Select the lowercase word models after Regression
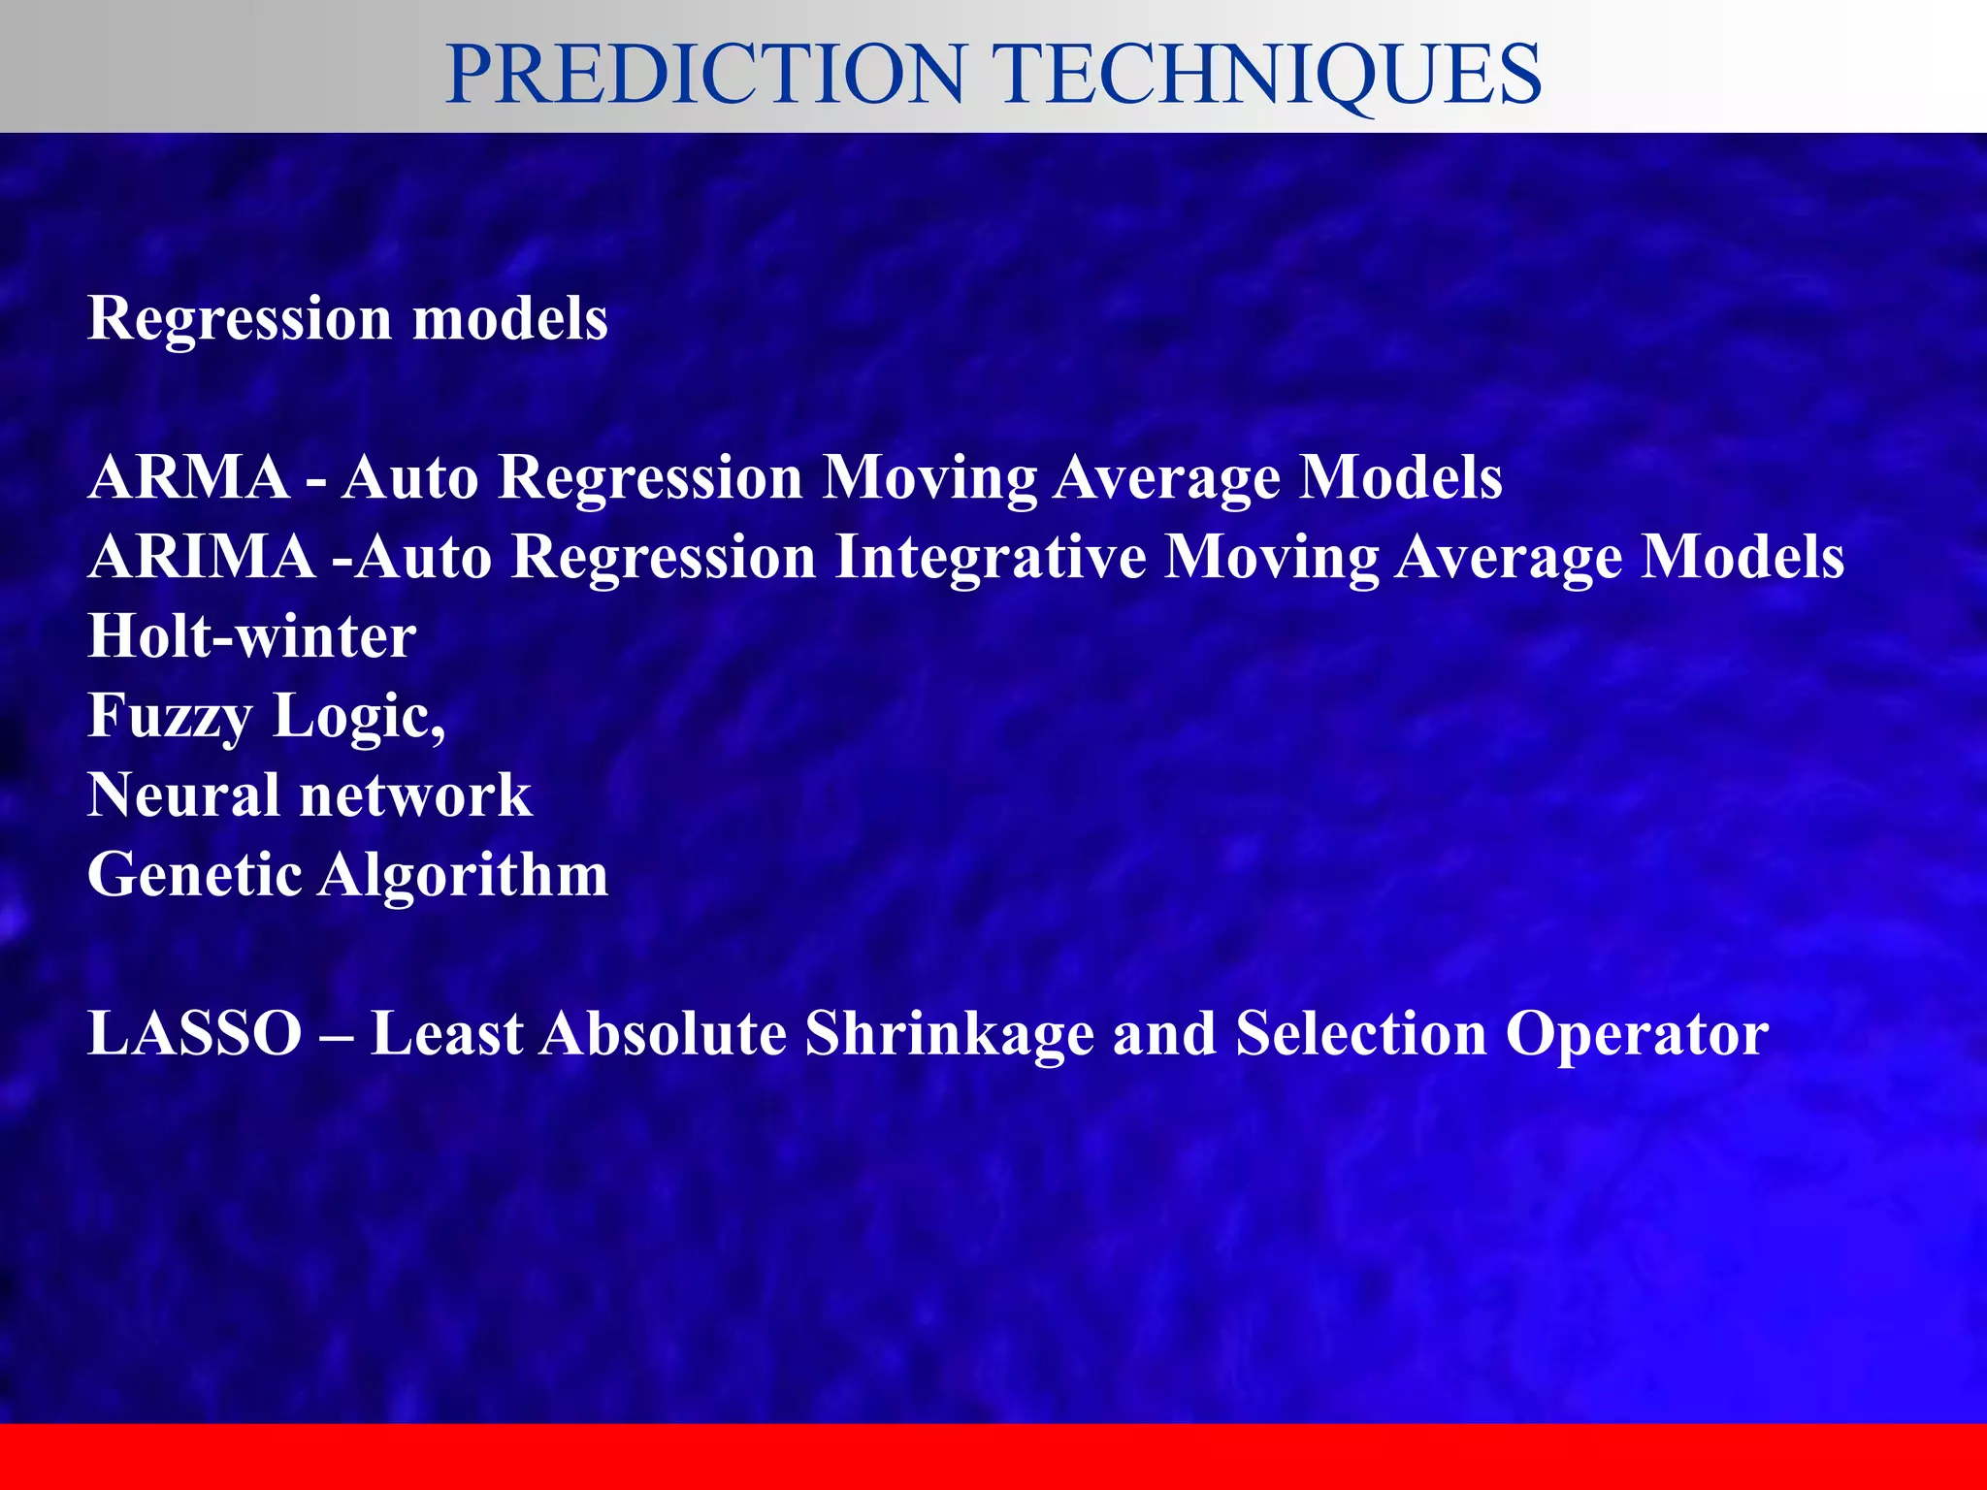[510, 318]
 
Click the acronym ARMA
[189, 477]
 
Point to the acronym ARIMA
[202, 557]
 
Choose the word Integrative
[990, 557]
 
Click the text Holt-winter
[252, 636]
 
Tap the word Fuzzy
[171, 716]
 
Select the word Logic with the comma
[359, 716]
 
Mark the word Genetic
[194, 875]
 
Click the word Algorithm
[463, 875]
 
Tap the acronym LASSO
[195, 1033]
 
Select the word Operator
[1637, 1033]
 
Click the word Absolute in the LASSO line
[664, 1033]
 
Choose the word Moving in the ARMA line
[928, 477]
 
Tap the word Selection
[1360, 1033]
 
